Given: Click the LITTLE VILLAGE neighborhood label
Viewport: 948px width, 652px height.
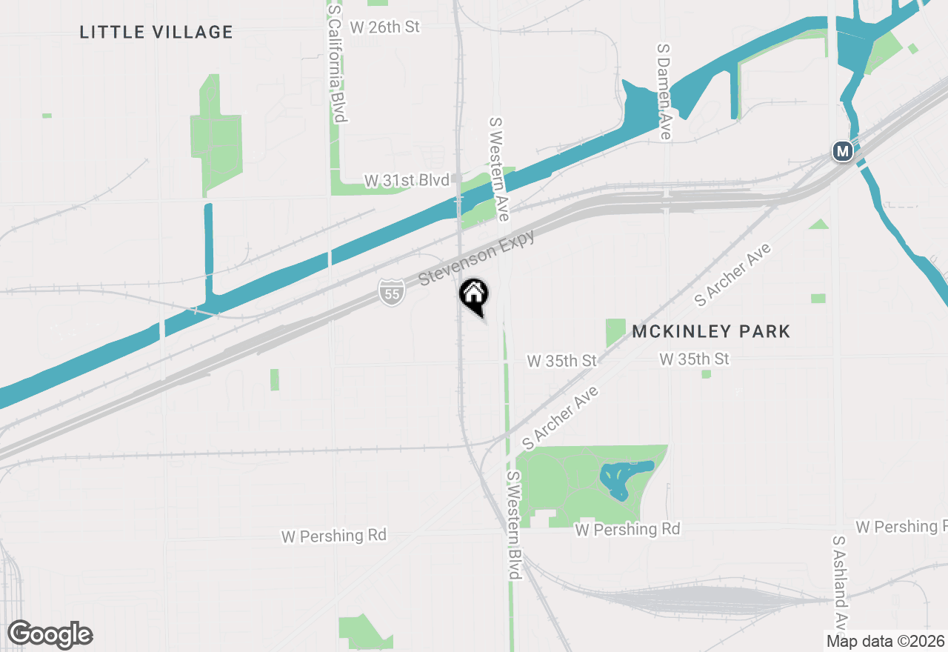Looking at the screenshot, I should tap(156, 32).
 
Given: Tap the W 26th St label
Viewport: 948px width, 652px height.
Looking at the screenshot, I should tap(384, 27).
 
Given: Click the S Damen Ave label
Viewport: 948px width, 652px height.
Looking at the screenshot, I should tap(664, 90).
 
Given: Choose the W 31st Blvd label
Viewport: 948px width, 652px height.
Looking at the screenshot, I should tap(407, 180).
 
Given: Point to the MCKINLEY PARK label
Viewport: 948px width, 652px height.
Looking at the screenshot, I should tap(711, 331).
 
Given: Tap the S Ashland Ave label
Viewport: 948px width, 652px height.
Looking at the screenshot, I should tap(840, 582).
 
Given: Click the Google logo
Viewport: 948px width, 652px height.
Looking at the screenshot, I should tap(50, 634).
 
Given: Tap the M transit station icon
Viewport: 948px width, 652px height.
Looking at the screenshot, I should tap(842, 151).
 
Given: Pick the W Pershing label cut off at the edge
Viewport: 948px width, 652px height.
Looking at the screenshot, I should tap(901, 527).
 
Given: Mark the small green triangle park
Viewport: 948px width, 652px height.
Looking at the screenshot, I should tap(819, 224).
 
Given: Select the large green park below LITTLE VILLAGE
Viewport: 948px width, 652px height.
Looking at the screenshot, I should tap(216, 137).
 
